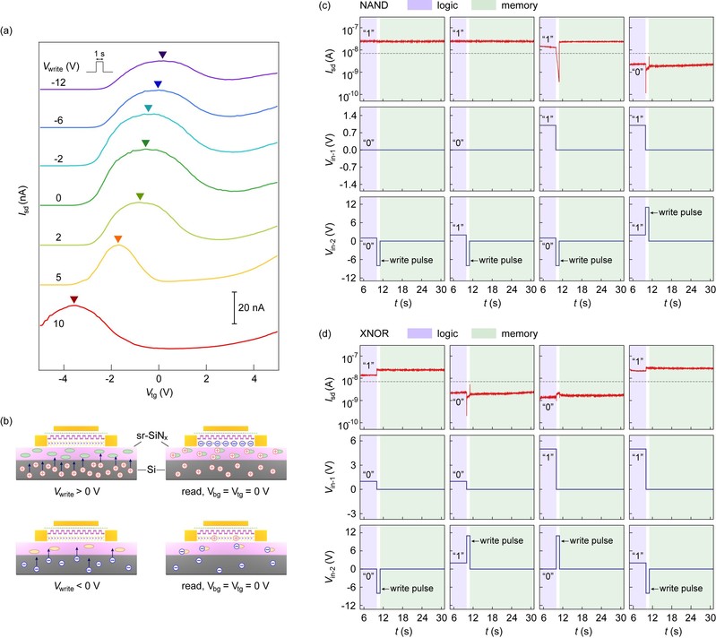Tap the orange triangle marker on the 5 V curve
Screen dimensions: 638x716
click(x=117, y=238)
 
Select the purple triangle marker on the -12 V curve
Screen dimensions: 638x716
click(x=162, y=56)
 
